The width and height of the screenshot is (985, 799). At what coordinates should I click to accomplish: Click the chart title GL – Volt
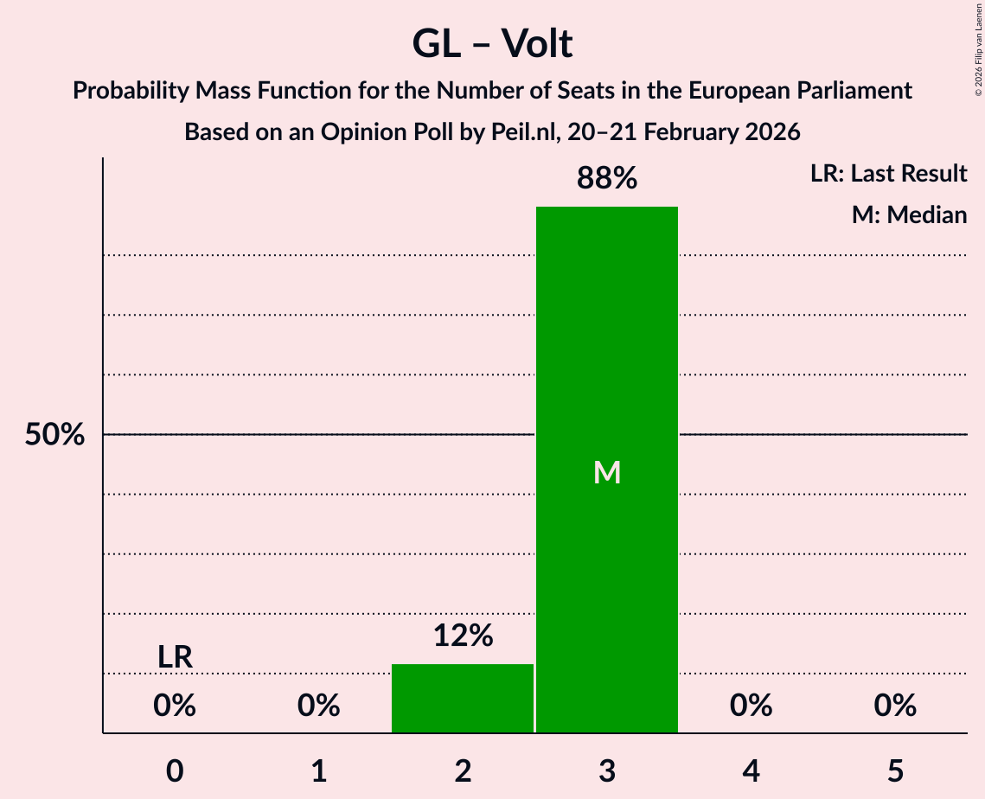point(492,43)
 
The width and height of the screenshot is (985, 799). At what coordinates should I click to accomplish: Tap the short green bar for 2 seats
point(463,698)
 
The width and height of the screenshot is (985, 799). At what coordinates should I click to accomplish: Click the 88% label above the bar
point(607,179)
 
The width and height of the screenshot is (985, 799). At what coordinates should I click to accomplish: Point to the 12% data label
point(463,636)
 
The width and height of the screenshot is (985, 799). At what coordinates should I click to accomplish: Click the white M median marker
point(607,472)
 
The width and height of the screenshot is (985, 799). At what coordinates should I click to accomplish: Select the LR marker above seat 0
point(175,657)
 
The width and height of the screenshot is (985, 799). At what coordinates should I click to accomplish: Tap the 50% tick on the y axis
point(54,435)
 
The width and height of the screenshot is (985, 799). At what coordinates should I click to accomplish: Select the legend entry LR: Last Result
point(888,174)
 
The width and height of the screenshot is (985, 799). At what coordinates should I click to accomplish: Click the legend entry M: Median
point(909,214)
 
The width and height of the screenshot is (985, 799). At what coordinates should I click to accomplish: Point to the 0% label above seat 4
point(751,706)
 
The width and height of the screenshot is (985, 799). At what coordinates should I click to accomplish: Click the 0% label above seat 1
point(319,706)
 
